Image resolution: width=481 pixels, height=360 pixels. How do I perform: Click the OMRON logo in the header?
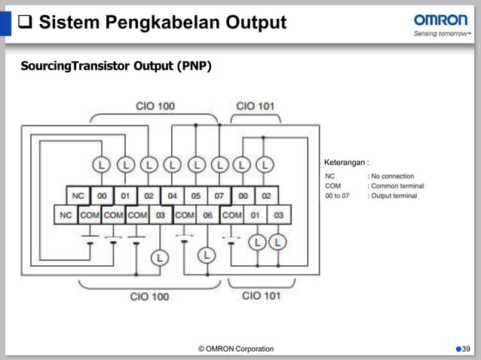click(440, 20)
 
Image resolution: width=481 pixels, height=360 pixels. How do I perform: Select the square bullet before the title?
click(23, 23)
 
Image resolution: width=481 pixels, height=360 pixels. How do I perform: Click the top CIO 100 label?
click(155, 106)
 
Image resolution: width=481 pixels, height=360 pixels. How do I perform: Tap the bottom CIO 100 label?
click(149, 296)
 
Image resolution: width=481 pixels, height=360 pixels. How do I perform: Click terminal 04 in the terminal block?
click(172, 196)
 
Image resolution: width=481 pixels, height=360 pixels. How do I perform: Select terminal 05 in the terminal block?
click(195, 196)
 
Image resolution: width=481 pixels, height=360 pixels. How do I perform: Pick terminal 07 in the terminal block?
click(219, 196)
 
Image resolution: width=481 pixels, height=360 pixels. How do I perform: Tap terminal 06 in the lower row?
click(207, 215)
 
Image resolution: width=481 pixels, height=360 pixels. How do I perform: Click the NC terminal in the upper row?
click(78, 196)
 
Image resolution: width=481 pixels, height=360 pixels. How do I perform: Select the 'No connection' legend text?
click(391, 176)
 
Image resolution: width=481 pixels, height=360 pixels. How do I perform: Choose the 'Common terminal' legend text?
click(395, 186)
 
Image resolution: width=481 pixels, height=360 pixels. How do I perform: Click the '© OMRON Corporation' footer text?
click(236, 349)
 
